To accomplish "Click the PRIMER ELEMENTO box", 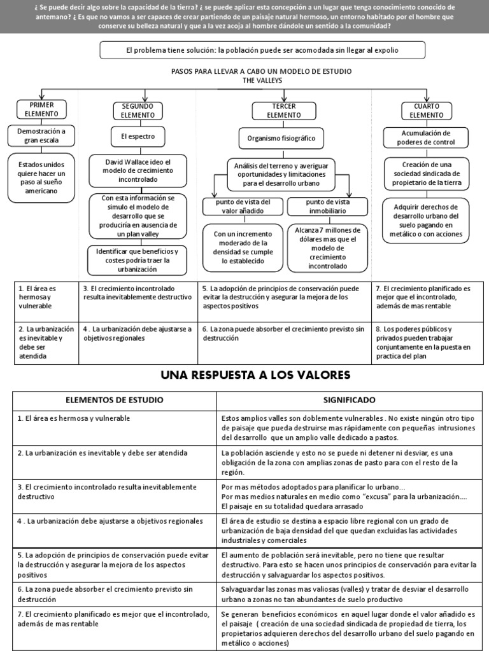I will pyautogui.click(x=42, y=109).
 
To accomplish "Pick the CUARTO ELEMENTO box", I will pyautogui.click(x=427, y=111).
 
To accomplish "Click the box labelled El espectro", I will pyautogui.click(x=138, y=136).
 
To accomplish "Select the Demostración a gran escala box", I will pyautogui.click(x=42, y=135).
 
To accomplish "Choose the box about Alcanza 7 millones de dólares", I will pyautogui.click(x=328, y=248).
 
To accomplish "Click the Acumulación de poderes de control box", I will pyautogui.click(x=426, y=138).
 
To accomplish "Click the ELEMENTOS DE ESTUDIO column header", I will pyautogui.click(x=115, y=401).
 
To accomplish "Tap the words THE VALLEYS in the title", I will pyautogui.click(x=262, y=81).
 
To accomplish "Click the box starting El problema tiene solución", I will pyautogui.click(x=262, y=50).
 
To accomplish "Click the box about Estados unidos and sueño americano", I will pyautogui.click(x=42, y=177).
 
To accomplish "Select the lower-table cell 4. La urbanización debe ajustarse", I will pyautogui.click(x=115, y=531).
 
